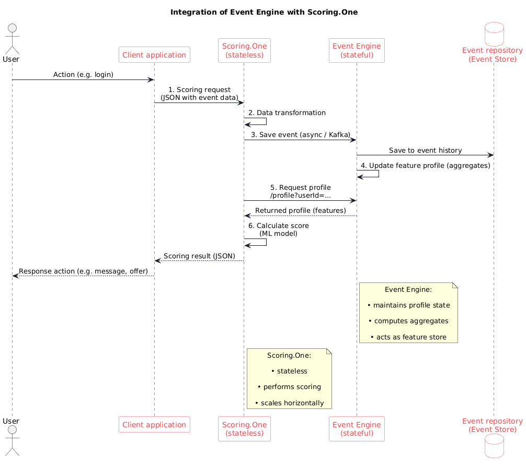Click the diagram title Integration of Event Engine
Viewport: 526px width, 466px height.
(x=264, y=12)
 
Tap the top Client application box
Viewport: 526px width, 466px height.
(x=154, y=55)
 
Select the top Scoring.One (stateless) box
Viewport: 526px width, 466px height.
(x=244, y=50)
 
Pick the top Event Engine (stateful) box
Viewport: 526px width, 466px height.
(x=357, y=50)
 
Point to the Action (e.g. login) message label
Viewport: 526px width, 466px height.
(x=83, y=75)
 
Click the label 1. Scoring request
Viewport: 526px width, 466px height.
(x=199, y=90)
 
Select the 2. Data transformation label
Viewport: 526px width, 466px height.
(x=287, y=113)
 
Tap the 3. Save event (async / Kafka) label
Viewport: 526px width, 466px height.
(x=300, y=135)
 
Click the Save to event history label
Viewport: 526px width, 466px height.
(x=425, y=151)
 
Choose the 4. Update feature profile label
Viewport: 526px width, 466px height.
(x=425, y=166)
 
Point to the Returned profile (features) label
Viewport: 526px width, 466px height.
(x=300, y=210)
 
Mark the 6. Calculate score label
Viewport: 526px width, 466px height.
(x=278, y=225)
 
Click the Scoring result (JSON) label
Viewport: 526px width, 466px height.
(x=199, y=256)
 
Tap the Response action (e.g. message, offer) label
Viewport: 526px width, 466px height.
(x=83, y=271)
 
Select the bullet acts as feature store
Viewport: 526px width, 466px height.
(x=408, y=337)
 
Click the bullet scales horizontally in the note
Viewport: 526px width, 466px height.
(x=289, y=403)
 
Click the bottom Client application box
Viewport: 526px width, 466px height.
(x=154, y=425)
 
